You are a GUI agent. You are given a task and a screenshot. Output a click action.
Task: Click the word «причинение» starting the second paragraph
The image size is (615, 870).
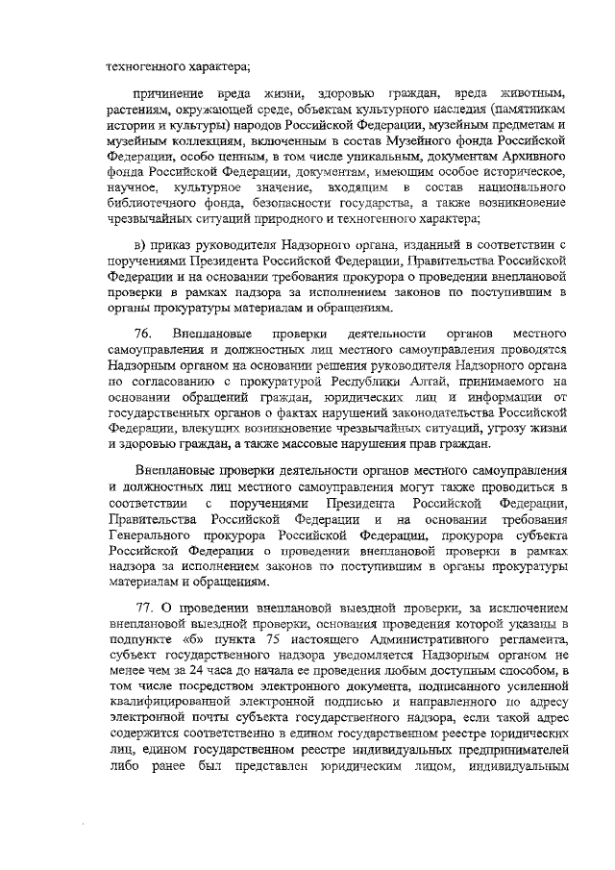(x=175, y=93)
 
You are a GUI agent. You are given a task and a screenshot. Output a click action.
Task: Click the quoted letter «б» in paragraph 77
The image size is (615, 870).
(x=190, y=639)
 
